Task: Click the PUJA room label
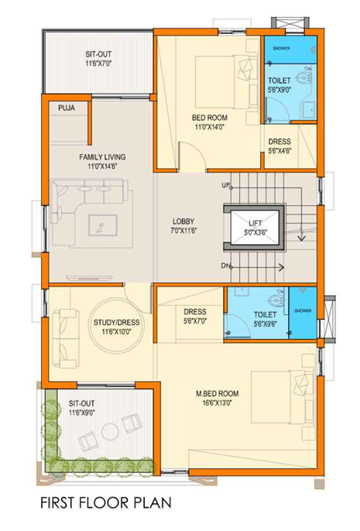(x=67, y=108)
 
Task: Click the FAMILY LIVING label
(x=102, y=156)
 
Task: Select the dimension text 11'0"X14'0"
(x=209, y=127)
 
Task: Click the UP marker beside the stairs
(x=226, y=186)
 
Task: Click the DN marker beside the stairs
(x=226, y=266)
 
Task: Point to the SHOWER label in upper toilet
(x=282, y=47)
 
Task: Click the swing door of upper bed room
(x=190, y=155)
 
